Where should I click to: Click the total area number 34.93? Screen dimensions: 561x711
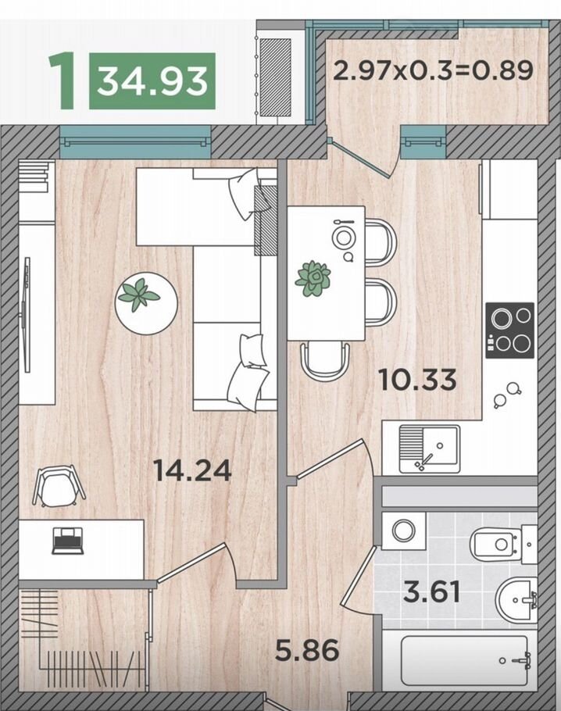(x=152, y=81)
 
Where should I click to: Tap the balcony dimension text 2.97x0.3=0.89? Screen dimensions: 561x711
(x=433, y=70)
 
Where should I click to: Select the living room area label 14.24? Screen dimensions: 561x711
(x=193, y=470)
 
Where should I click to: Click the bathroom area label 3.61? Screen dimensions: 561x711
(x=432, y=592)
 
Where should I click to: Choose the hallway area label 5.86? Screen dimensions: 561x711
(x=308, y=650)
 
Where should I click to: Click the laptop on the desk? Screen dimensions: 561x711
(x=68, y=541)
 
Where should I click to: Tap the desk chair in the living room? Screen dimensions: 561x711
(x=59, y=486)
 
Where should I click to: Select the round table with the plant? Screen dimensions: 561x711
(x=145, y=303)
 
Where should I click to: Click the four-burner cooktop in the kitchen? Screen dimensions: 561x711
(x=509, y=330)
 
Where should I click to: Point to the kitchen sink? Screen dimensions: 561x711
(x=429, y=449)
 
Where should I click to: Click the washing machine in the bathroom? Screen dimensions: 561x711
(x=404, y=531)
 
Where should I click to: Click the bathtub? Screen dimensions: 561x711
(x=464, y=660)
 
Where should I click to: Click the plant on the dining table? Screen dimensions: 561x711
(x=313, y=278)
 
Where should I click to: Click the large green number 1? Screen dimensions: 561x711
(x=63, y=80)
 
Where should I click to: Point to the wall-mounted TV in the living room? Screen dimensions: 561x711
(x=27, y=315)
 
